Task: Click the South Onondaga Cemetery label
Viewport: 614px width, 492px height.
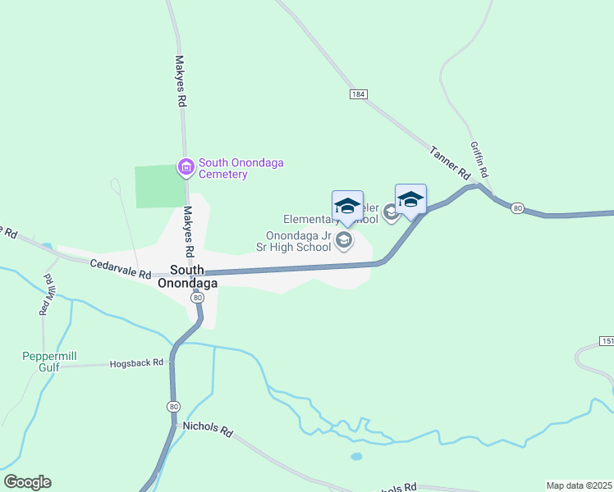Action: click(x=234, y=168)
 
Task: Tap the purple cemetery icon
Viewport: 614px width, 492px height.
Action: click(x=186, y=168)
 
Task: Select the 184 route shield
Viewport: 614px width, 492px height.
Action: click(x=357, y=95)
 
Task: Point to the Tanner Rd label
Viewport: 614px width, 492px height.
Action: click(x=449, y=162)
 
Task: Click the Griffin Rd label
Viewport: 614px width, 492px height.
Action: click(x=479, y=159)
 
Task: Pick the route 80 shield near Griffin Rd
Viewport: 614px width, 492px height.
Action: click(x=517, y=208)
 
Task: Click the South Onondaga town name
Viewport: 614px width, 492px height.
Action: click(x=194, y=276)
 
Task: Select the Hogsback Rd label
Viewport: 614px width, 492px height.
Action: click(x=137, y=362)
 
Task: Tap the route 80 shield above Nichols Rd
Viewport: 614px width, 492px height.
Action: click(x=173, y=406)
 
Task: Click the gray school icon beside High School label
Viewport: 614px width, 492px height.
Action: click(x=344, y=241)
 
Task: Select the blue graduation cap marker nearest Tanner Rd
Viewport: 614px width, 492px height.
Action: click(x=410, y=200)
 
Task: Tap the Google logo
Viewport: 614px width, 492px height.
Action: click(x=27, y=482)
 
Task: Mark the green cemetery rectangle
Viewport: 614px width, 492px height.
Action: click(x=159, y=186)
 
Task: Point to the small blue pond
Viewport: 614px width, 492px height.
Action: click(x=355, y=456)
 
